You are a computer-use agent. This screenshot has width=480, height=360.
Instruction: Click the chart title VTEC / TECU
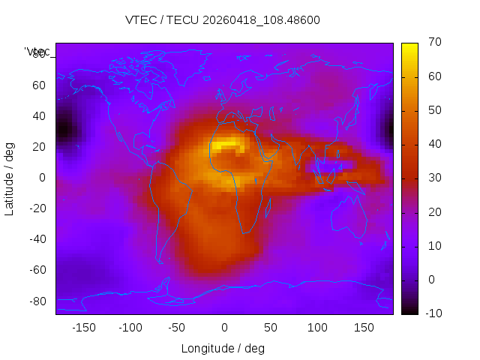(223, 20)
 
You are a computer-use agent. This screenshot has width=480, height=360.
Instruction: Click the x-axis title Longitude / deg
(223, 349)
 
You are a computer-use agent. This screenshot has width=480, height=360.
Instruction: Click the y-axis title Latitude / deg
(10, 178)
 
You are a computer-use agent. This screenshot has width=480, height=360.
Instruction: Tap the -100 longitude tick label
(130, 328)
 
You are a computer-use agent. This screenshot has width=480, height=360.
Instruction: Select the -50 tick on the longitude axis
(177, 328)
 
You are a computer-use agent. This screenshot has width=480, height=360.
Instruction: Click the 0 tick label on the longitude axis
(224, 328)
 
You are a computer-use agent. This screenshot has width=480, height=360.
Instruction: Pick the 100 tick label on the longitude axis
(317, 328)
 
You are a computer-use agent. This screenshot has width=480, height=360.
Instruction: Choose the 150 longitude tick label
(364, 328)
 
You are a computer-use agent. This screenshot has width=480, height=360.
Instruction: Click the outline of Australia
(349, 217)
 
